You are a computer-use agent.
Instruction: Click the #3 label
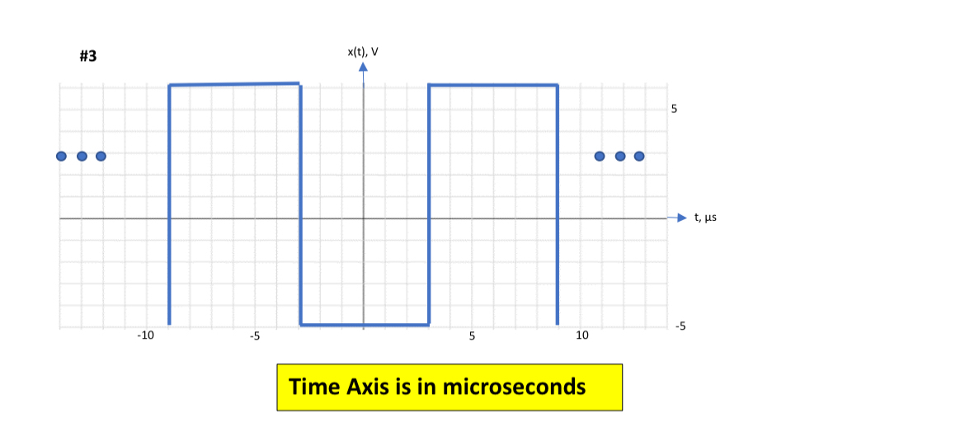88,57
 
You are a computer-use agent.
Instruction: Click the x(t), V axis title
363,52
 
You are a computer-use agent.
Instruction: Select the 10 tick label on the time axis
582,336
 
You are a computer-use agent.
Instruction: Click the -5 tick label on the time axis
255,336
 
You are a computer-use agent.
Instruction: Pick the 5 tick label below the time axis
472,336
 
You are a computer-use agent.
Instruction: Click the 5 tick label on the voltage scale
674,110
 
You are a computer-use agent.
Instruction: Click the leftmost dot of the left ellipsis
61,157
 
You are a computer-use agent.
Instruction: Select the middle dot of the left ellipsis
82,157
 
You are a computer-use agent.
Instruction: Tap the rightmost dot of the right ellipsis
639,157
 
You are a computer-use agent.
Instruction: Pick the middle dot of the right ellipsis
620,157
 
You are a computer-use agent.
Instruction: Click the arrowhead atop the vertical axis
363,66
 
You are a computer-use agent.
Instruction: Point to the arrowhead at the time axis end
681,218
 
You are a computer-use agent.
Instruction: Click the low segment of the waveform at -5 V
365,324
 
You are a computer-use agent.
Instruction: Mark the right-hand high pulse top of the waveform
493,85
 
